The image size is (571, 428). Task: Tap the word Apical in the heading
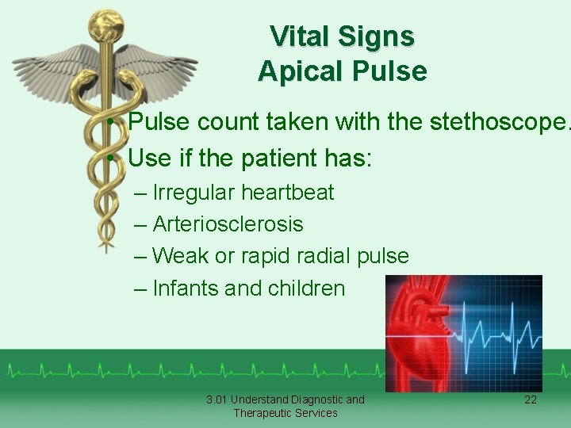click(300, 71)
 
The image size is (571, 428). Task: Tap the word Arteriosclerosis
click(228, 224)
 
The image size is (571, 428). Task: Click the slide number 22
click(530, 400)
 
